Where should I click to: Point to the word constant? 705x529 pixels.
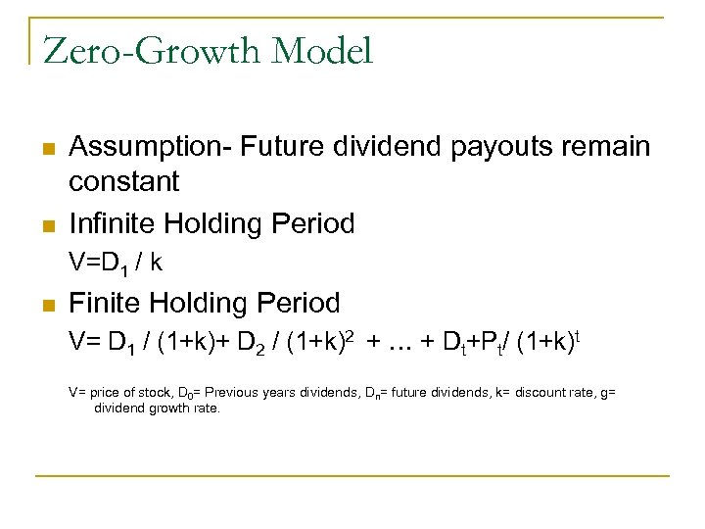click(x=124, y=181)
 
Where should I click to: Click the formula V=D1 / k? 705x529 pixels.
click(x=115, y=263)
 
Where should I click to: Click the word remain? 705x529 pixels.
click(x=607, y=147)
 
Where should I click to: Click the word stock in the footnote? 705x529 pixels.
click(x=151, y=393)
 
